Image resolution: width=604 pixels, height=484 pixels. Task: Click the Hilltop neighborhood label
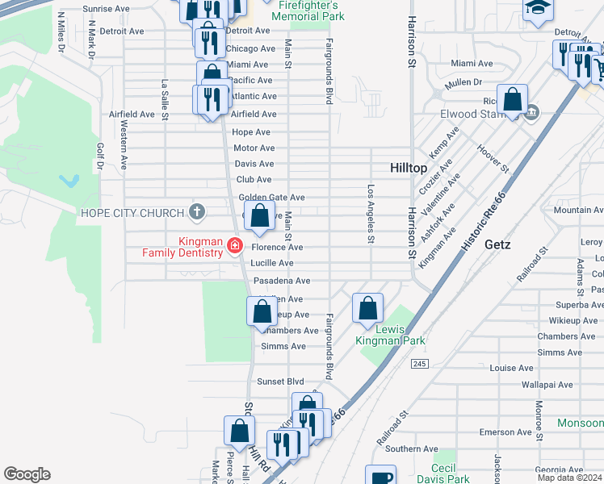point(408,168)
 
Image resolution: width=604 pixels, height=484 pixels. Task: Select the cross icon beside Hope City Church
point(195,212)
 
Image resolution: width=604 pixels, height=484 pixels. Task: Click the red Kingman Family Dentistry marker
point(235,245)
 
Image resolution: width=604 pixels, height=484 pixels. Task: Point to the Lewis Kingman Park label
point(390,334)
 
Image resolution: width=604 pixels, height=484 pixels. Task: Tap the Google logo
point(27,474)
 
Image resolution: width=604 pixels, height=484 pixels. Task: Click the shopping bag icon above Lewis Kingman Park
point(367,308)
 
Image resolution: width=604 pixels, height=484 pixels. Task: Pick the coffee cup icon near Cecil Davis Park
point(380,477)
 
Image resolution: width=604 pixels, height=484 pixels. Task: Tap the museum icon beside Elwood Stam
point(531,112)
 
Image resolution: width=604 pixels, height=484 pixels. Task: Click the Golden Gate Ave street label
point(271,198)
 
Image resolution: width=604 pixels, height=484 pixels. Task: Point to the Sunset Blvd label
point(280,381)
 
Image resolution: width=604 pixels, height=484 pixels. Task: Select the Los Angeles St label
point(371,214)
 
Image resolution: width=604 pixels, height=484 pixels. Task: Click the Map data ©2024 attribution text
point(568,478)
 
